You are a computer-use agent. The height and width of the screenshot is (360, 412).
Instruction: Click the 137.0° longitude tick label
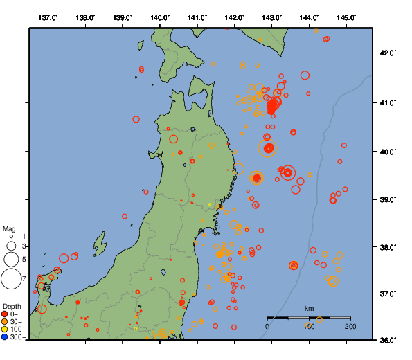(48, 17)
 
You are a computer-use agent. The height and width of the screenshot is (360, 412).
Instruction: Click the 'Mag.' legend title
(10, 228)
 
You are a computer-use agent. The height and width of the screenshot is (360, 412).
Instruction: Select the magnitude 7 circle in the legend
(11, 279)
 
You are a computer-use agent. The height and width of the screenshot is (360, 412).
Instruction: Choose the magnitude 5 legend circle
(11, 259)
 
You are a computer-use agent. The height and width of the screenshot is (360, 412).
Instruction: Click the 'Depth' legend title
(12, 306)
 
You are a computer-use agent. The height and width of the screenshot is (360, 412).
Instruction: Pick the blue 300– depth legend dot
(5, 337)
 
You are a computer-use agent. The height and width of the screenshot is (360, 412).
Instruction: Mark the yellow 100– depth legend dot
(5, 330)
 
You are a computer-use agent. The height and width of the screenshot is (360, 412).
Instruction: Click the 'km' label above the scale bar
(309, 308)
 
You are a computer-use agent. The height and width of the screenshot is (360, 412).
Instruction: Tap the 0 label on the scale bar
(268, 326)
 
